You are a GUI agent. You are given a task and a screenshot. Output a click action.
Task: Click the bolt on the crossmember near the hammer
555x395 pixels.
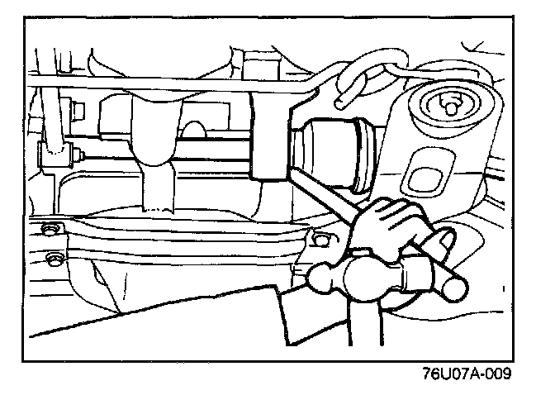tap(320, 240)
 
